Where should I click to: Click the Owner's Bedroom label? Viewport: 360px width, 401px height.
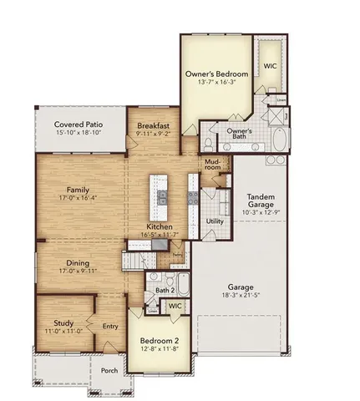217,74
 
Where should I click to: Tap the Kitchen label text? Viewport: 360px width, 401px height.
160,226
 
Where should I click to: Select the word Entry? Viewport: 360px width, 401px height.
109,327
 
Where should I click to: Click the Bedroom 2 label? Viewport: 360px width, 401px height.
156,343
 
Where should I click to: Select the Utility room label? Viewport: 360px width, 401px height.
215,221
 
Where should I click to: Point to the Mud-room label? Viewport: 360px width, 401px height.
212,165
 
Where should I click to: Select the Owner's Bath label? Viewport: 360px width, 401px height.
240,135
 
